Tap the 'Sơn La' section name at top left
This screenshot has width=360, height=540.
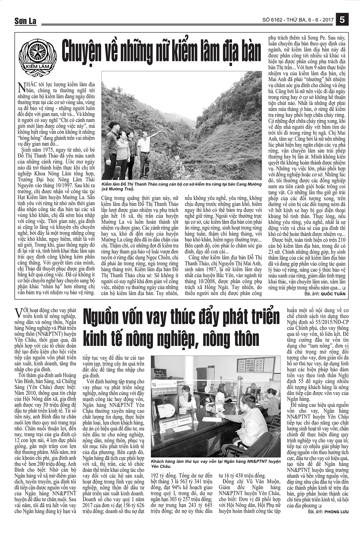coord(25,21)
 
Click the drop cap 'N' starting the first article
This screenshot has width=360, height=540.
coord(21,87)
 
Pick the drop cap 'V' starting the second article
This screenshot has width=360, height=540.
coord(19,313)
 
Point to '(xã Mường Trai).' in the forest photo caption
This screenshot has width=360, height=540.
coord(118,190)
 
